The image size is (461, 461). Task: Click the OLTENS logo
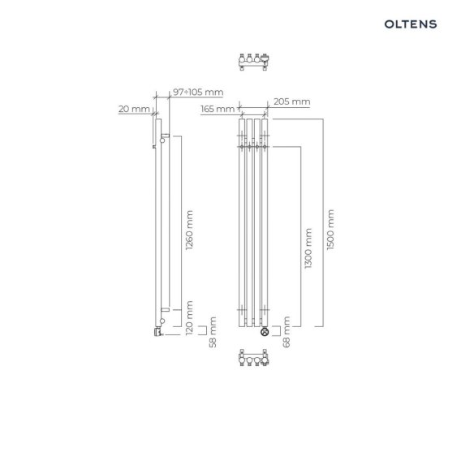click(x=411, y=24)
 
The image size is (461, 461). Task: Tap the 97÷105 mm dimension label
click(x=198, y=92)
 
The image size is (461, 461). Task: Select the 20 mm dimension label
click(x=134, y=109)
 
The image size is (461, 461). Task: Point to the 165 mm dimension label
click(x=218, y=109)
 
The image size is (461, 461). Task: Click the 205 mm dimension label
click(x=292, y=101)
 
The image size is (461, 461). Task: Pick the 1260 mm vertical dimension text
click(x=190, y=230)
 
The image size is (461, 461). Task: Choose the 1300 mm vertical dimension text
click(x=308, y=248)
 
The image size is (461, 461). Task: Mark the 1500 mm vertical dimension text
click(x=330, y=230)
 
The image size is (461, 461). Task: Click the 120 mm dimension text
click(x=190, y=317)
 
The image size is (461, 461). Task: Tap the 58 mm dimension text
click(x=213, y=332)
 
